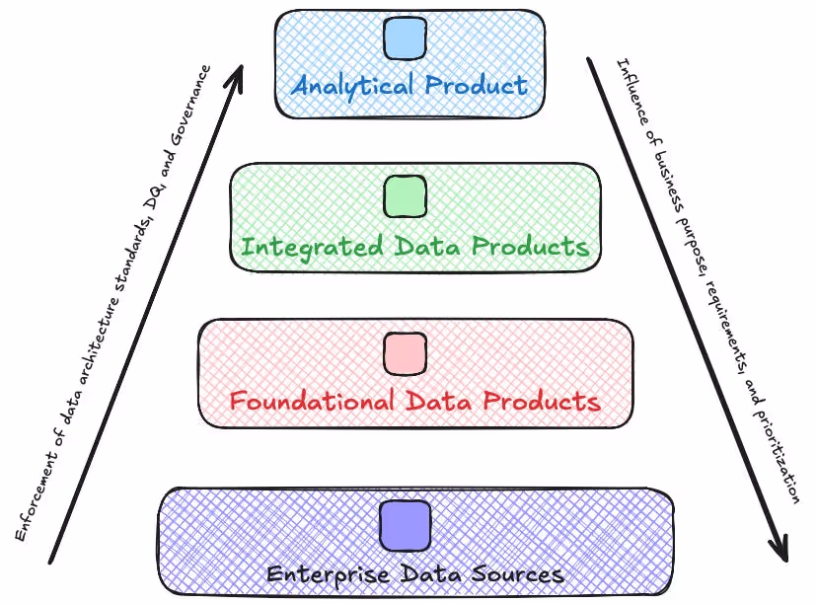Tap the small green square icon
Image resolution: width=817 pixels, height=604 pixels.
[x=405, y=196]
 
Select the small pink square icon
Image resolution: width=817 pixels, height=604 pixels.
[x=405, y=353]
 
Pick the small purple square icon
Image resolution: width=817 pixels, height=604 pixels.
[x=406, y=525]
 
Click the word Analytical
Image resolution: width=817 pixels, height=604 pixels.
[x=352, y=85]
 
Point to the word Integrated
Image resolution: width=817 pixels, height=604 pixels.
[x=301, y=245]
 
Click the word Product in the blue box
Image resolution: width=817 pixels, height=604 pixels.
[x=477, y=85]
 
